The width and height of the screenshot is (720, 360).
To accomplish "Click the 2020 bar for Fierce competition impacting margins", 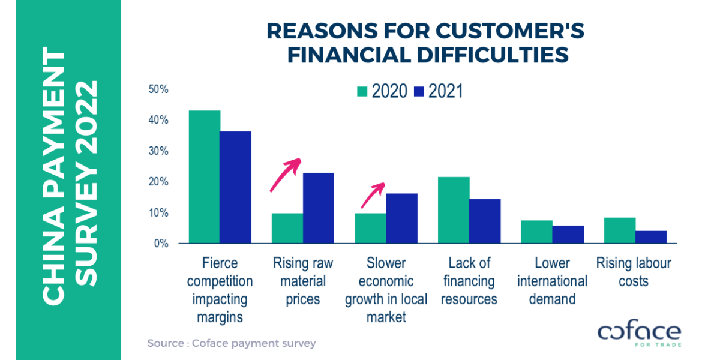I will pyautogui.click(x=205, y=177).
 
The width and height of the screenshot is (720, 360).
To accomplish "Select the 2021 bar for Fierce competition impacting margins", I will pyautogui.click(x=235, y=187).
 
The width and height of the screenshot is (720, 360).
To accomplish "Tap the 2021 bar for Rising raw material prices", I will pyautogui.click(x=318, y=208).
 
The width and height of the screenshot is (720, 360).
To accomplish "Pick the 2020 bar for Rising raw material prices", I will pyautogui.click(x=287, y=229).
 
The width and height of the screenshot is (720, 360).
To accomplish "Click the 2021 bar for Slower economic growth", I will pyautogui.click(x=401, y=218).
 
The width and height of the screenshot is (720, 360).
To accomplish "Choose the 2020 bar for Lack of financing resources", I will pyautogui.click(x=454, y=211).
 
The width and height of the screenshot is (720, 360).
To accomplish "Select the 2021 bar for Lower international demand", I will pyautogui.click(x=568, y=235).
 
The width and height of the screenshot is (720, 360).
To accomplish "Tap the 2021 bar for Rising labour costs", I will pyautogui.click(x=651, y=238).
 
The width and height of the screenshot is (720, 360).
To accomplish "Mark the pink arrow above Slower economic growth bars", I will pyautogui.click(x=372, y=195).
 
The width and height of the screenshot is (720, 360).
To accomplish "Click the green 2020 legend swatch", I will pyautogui.click(x=362, y=91).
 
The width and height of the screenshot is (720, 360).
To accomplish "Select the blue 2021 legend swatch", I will pyautogui.click(x=419, y=91).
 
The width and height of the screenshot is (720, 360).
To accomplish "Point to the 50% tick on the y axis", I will pyautogui.click(x=159, y=89).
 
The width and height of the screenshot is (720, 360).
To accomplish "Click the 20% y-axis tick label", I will pyautogui.click(x=159, y=182).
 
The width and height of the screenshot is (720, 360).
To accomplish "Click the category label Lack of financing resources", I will pyautogui.click(x=469, y=280).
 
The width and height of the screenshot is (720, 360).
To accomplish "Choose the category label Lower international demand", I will pyautogui.click(x=552, y=280).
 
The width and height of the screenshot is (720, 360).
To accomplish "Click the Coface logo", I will pyautogui.click(x=639, y=334).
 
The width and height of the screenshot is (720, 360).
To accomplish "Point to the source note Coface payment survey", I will pyautogui.click(x=231, y=343).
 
